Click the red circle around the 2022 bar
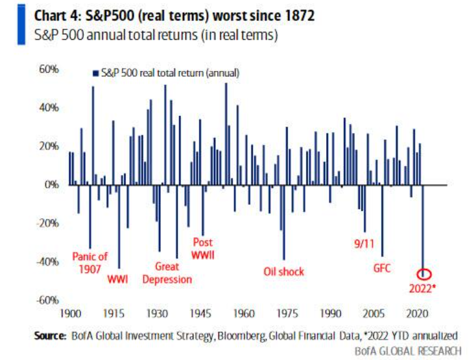pyautogui.click(x=425, y=274)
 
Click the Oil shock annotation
pyautogui.click(x=283, y=271)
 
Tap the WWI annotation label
pyautogui.click(x=119, y=279)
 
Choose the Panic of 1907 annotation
pyautogui.click(x=89, y=263)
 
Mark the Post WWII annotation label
pyautogui.click(x=203, y=248)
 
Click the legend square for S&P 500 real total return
pyautogui.click(x=95, y=73)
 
